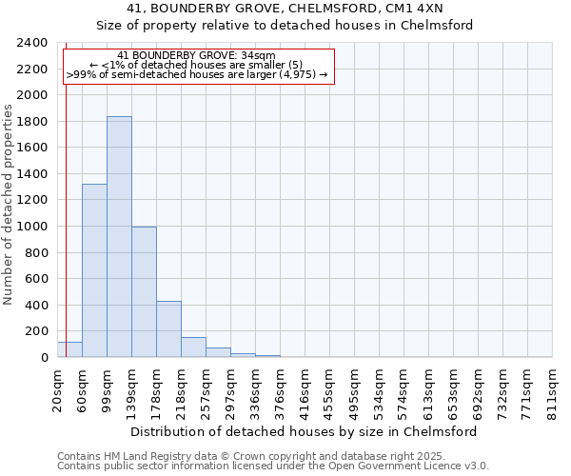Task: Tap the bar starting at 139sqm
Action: click(144, 291)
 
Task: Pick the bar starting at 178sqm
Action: click(168, 328)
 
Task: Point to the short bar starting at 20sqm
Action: click(69, 349)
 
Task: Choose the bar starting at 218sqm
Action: click(193, 347)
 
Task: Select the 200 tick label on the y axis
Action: click(36, 331)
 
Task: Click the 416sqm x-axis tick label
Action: click(305, 393)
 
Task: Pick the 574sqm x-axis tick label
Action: click(404, 393)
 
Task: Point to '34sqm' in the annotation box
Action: click(258, 56)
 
